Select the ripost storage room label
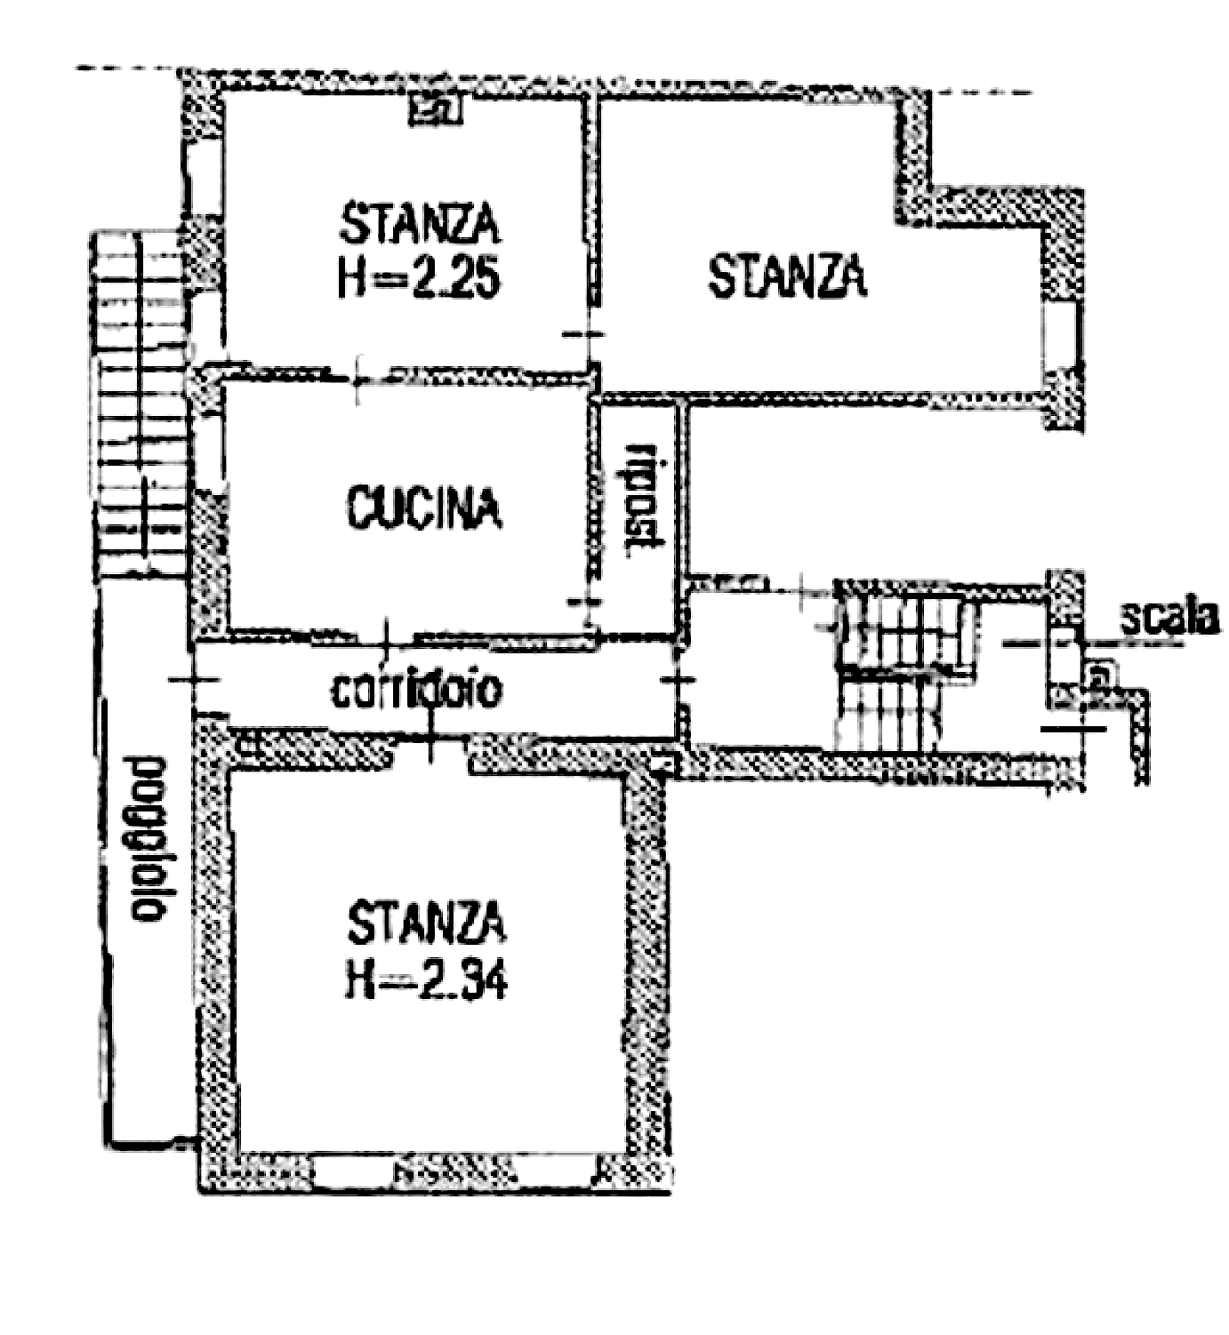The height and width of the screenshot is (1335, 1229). (x=644, y=495)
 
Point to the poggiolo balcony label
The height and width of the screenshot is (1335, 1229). (x=148, y=839)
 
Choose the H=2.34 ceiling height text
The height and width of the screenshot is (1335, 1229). (x=426, y=979)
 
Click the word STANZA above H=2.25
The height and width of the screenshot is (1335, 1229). (x=420, y=224)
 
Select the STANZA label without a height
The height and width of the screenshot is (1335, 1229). (x=787, y=276)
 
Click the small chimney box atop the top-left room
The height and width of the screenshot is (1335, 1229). (x=436, y=108)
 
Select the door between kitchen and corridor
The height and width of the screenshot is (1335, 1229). (x=385, y=635)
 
